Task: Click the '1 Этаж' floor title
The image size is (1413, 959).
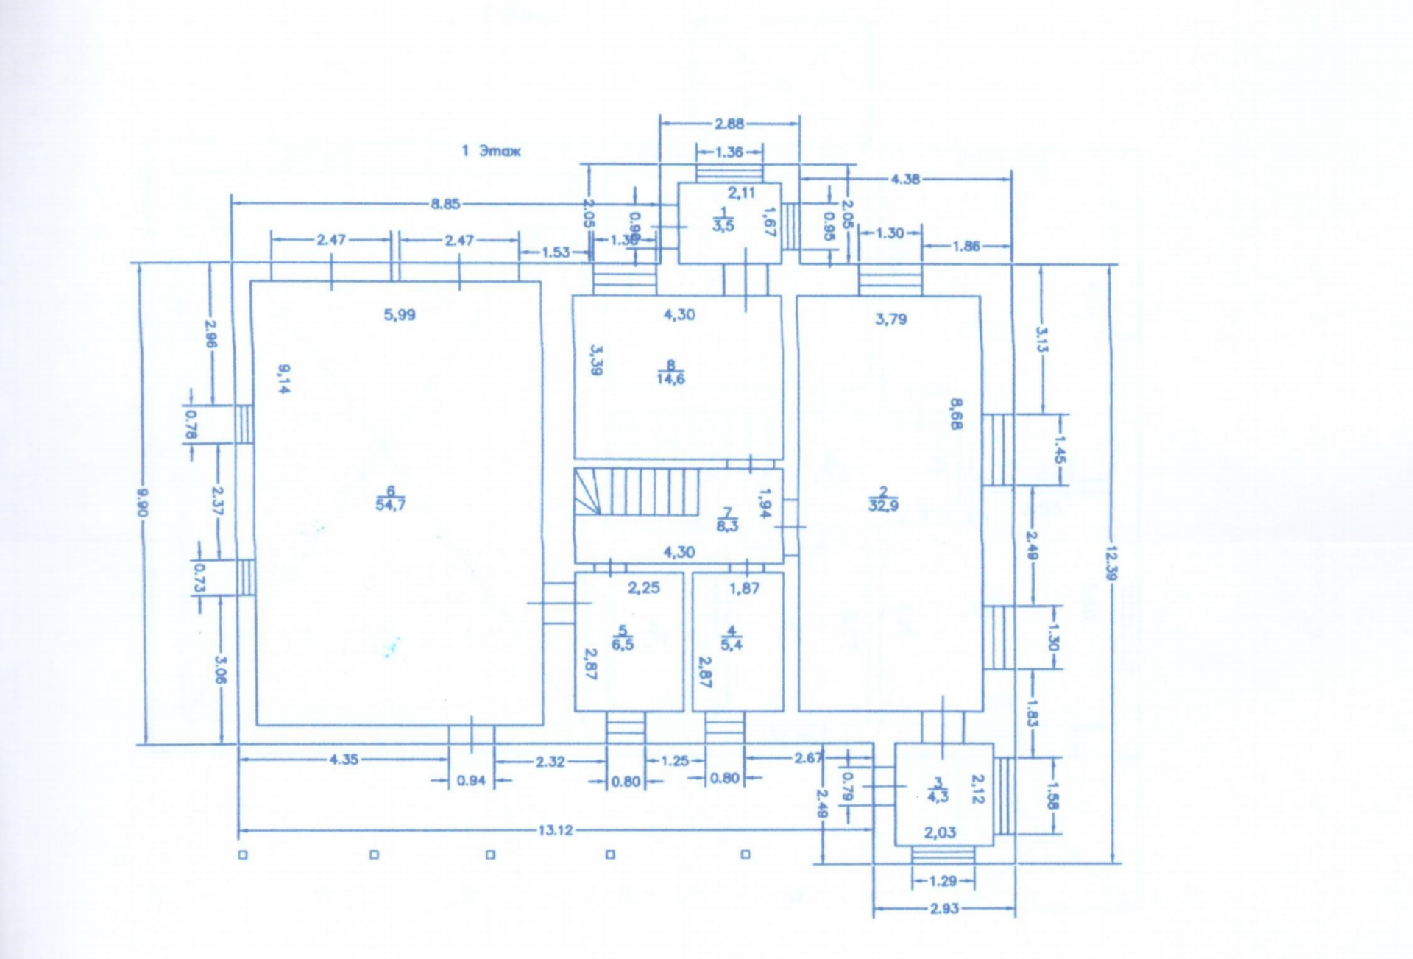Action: pyautogui.click(x=491, y=151)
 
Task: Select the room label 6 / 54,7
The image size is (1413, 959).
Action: pyautogui.click(x=390, y=498)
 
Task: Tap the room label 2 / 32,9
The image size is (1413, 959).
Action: pyautogui.click(x=883, y=499)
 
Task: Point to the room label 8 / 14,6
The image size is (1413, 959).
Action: pyautogui.click(x=670, y=372)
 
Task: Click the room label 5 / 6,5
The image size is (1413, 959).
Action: pyautogui.click(x=623, y=638)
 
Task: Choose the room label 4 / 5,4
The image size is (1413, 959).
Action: pyautogui.click(x=731, y=638)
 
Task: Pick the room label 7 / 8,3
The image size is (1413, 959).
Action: pyautogui.click(x=727, y=520)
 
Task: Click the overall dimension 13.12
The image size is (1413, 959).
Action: pyautogui.click(x=555, y=830)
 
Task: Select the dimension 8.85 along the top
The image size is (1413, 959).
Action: pyautogui.click(x=445, y=204)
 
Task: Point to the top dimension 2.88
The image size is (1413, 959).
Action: pyautogui.click(x=729, y=124)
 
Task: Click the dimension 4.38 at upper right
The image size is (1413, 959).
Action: pyautogui.click(x=904, y=179)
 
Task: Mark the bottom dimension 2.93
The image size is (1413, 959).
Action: pyautogui.click(x=943, y=908)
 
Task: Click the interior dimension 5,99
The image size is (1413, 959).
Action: pyautogui.click(x=399, y=315)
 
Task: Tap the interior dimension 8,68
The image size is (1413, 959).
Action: pyautogui.click(x=955, y=414)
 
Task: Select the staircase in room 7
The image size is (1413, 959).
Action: pyautogui.click(x=637, y=492)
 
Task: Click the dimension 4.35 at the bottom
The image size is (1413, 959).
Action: pyautogui.click(x=343, y=759)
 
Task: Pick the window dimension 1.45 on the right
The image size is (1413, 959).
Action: pyautogui.click(x=1059, y=449)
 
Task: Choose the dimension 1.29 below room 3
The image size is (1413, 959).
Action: pyautogui.click(x=943, y=881)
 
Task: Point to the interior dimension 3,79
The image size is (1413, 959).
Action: pyautogui.click(x=890, y=319)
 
